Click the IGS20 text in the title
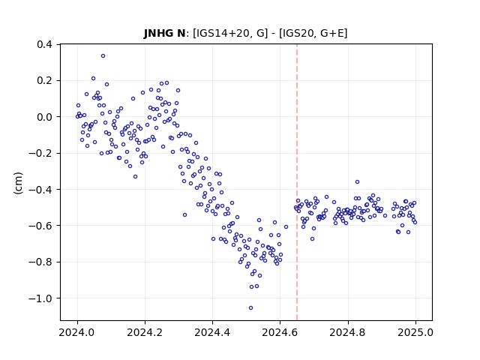(x=298, y=33)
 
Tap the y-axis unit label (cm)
(x=18, y=183)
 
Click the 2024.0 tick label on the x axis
(x=77, y=332)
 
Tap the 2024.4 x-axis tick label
(x=212, y=332)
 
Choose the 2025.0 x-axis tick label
(x=415, y=332)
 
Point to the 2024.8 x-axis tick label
(x=348, y=332)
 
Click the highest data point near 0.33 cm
(x=103, y=56)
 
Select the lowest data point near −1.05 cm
(x=250, y=308)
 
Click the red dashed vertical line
(x=297, y=182)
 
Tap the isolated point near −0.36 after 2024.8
(x=357, y=182)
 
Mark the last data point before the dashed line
(x=286, y=226)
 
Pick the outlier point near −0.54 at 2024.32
(x=185, y=215)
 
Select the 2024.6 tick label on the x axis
(x=280, y=332)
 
